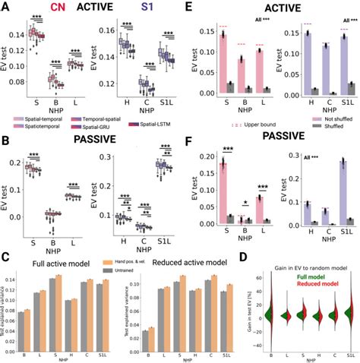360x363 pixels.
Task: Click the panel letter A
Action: point(5,6)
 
